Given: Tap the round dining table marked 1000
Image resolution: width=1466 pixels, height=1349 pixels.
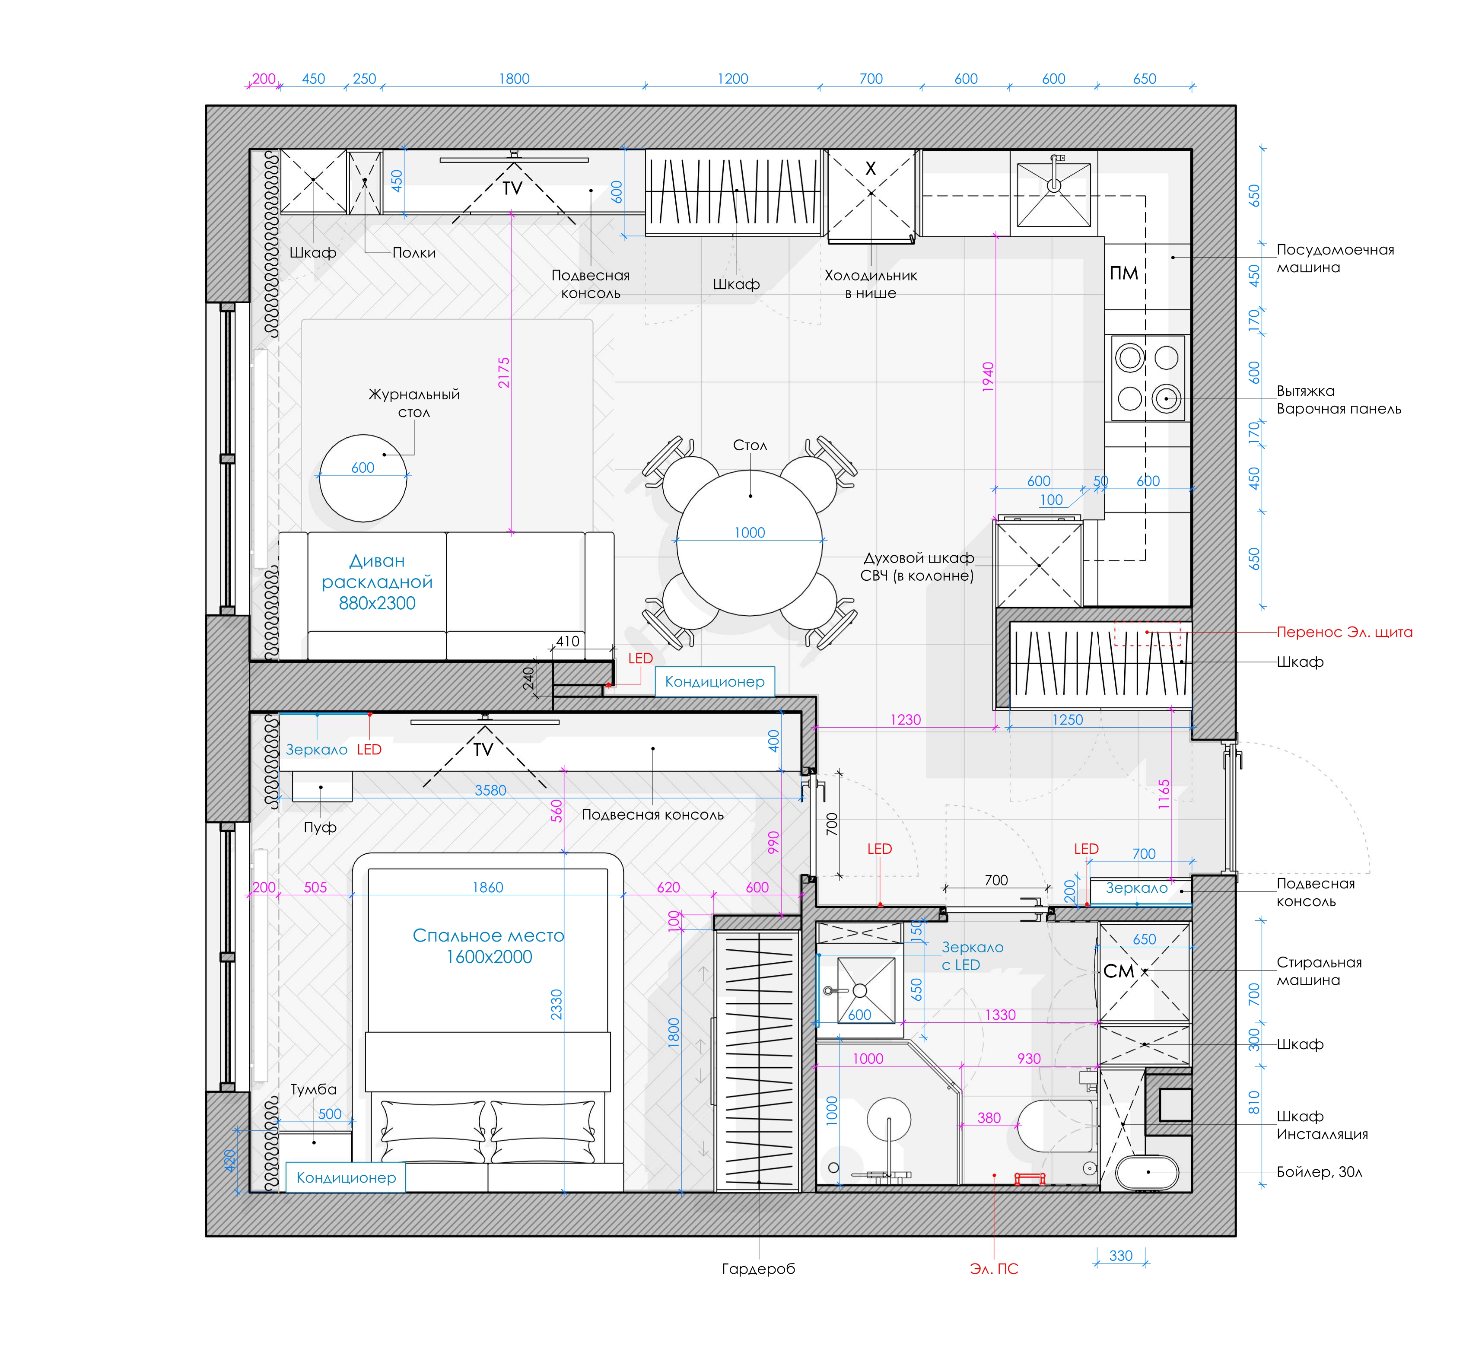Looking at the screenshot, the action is (750, 542).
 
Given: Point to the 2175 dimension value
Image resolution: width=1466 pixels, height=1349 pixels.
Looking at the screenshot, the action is (504, 372).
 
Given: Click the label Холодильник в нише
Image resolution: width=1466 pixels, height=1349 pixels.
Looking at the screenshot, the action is (871, 284).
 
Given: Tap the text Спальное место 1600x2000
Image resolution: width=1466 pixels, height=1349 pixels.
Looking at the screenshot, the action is (488, 946).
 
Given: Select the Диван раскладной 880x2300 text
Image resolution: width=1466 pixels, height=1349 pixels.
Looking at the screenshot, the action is (377, 582).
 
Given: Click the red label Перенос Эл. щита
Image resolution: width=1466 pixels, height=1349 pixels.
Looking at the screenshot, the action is (1344, 632).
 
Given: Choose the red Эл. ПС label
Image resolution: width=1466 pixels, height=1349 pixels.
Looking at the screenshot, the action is (994, 1269).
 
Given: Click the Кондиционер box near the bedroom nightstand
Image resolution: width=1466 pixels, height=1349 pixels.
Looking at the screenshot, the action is (345, 1177).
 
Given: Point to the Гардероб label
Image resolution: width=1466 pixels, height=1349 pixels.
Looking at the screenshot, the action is (759, 1269).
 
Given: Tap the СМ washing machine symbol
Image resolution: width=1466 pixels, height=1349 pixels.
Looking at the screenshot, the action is (1119, 971).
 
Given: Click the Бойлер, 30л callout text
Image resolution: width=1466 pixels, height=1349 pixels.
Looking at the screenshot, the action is (1319, 1172).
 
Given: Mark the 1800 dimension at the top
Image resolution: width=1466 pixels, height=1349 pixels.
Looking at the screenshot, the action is (514, 79).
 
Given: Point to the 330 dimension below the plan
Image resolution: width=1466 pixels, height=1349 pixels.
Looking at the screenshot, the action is (1121, 1256).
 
